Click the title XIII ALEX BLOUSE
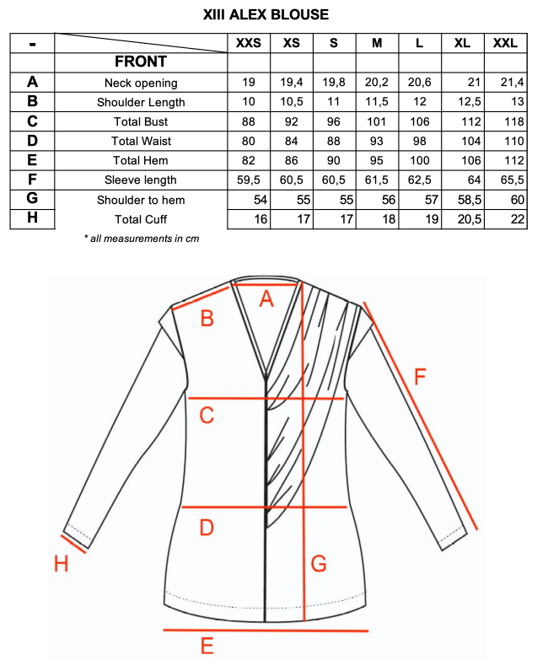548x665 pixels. click(266, 14)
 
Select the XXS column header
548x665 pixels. click(249, 43)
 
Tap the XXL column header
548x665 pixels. click(504, 43)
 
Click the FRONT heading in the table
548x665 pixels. click(141, 62)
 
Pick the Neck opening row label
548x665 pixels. click(141, 83)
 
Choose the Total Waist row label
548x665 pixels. click(141, 141)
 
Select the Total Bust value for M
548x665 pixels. click(376, 121)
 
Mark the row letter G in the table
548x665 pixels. click(32, 199)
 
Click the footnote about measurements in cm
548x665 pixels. click(142, 239)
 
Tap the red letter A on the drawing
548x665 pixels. click(266, 298)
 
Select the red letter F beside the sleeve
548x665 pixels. click(420, 378)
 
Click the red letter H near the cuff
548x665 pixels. click(61, 564)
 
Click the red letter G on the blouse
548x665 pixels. click(319, 564)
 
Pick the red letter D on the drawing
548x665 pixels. click(206, 528)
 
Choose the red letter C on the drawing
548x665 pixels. click(207, 415)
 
